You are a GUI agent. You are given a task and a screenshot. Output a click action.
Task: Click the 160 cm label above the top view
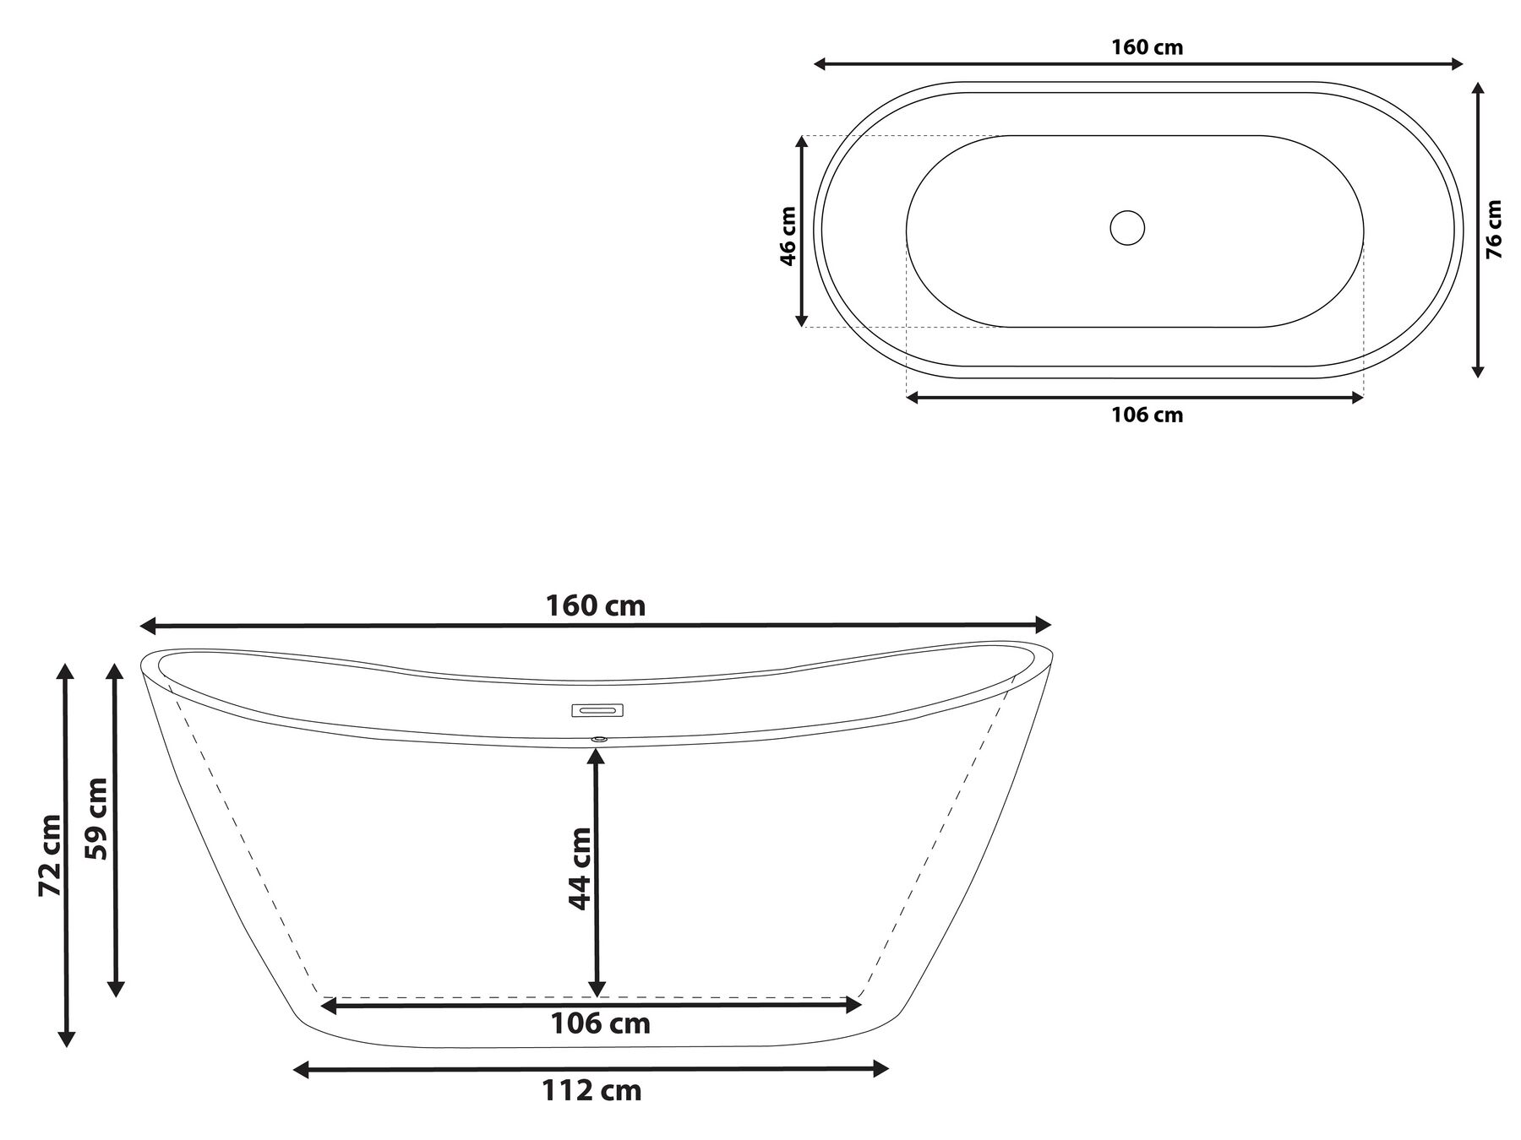point(1146,47)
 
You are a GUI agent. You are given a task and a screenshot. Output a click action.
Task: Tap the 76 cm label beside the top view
point(1493,229)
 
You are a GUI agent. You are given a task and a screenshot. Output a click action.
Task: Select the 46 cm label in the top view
point(788,236)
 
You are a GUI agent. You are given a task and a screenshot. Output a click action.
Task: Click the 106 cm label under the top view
point(1146,415)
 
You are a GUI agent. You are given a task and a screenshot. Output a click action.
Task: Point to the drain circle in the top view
point(1126,228)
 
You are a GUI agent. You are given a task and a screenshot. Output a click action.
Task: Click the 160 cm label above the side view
point(595,605)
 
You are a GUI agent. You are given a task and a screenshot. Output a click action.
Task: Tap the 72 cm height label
point(50,855)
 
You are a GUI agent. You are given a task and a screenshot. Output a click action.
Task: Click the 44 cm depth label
point(579,868)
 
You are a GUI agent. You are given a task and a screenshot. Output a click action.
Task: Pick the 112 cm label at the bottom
point(591,1090)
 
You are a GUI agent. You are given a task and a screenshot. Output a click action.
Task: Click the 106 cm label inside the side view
point(600,1023)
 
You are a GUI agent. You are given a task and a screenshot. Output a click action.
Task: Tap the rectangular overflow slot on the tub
point(597,710)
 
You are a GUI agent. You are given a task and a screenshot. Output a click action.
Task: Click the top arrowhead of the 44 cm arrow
point(597,756)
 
